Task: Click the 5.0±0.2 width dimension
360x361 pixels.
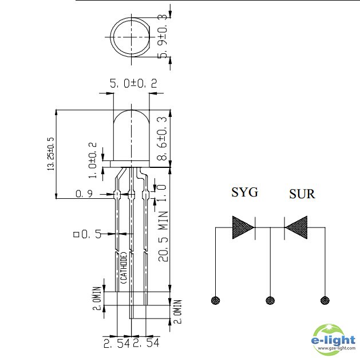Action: click(x=133, y=84)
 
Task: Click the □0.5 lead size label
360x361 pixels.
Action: click(x=87, y=234)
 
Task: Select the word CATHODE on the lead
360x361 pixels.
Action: click(x=124, y=269)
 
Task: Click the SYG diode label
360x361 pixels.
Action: click(x=244, y=192)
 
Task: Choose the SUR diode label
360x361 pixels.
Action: click(x=302, y=194)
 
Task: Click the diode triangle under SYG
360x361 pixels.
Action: click(x=243, y=228)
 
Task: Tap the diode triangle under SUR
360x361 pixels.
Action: click(x=297, y=228)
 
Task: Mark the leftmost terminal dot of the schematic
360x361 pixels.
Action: click(x=216, y=300)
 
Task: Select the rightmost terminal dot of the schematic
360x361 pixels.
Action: click(x=325, y=300)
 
